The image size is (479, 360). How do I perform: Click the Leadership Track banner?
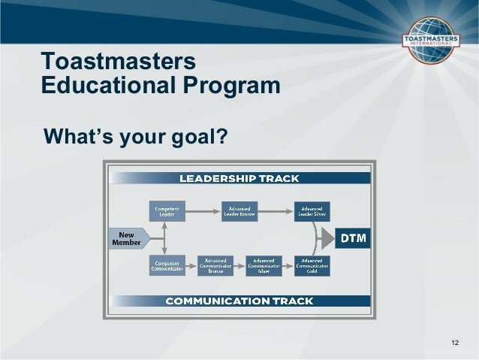239,178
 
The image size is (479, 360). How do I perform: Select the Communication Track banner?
239,301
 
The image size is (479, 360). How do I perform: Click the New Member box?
127,240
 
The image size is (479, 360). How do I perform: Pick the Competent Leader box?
166,211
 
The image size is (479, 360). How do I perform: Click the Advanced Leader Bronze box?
239,211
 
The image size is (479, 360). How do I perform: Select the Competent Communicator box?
166,265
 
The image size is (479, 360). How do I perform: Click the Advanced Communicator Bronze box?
215,265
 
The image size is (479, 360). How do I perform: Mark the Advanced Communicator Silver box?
264,265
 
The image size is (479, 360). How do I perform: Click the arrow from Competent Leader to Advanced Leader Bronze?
203,211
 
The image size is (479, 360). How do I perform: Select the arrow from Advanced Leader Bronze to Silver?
276,211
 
